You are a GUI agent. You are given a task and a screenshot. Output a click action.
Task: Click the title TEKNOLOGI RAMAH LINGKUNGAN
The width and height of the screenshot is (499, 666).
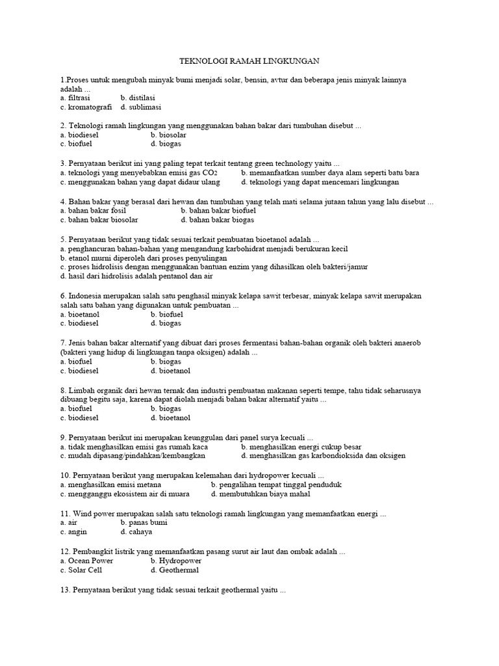249,61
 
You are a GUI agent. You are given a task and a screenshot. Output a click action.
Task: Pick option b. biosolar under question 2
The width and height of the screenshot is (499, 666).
168,135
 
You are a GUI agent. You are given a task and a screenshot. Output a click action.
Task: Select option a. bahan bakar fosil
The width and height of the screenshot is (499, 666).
92,211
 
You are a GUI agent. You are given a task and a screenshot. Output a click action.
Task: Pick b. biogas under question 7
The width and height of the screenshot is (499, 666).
166,362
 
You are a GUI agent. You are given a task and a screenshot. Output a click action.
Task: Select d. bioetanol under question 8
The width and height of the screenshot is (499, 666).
170,418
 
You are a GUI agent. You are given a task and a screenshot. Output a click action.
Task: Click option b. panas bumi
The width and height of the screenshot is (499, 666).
144,522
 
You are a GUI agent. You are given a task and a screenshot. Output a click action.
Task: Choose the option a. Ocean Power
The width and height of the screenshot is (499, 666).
86,561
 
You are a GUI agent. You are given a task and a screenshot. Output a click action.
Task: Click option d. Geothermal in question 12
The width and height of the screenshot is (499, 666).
174,570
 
